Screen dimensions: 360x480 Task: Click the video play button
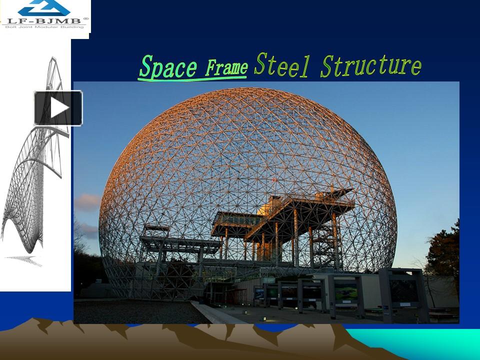pyautogui.click(x=58, y=107)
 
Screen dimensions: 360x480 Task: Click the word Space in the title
pyautogui.click(x=167, y=67)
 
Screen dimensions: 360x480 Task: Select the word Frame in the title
pyautogui.click(x=227, y=68)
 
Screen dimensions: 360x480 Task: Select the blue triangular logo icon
pyautogui.click(x=44, y=7)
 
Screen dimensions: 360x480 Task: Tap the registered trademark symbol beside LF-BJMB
pyautogui.click(x=85, y=18)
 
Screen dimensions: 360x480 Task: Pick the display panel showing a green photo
pyautogui.click(x=345, y=292)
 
